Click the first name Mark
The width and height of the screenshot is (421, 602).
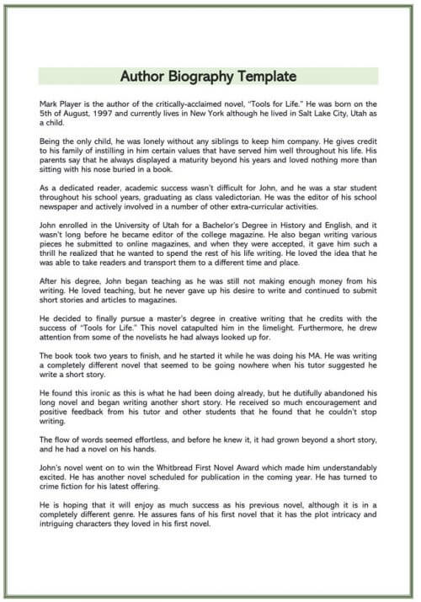tap(49, 101)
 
